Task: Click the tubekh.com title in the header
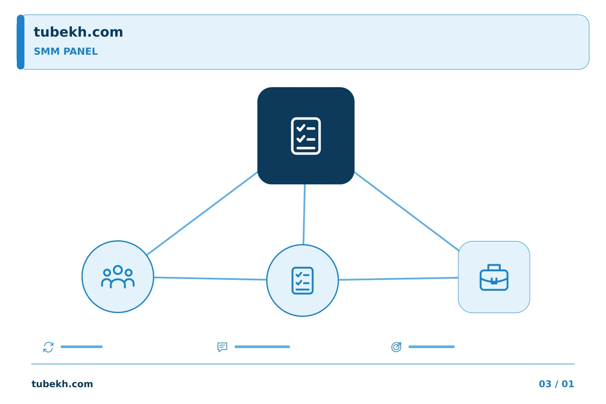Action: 78,32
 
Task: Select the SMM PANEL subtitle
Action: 66,51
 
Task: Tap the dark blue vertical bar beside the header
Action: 21,42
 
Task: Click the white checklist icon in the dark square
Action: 306,136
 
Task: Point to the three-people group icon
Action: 118,276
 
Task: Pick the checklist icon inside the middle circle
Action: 303,280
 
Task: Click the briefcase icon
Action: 494,277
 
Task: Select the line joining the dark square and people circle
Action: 202,213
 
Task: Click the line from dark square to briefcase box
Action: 407,211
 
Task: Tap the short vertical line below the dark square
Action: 304,214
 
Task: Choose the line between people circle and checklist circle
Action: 210,279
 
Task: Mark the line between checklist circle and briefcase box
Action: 398,279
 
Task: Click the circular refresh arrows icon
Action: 48,347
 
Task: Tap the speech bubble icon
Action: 222,347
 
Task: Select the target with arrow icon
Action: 396,347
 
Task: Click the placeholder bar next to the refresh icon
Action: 82,347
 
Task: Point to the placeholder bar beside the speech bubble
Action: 262,347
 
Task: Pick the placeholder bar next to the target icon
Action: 431,347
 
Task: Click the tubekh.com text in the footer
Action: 62,384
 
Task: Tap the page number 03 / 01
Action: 556,384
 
